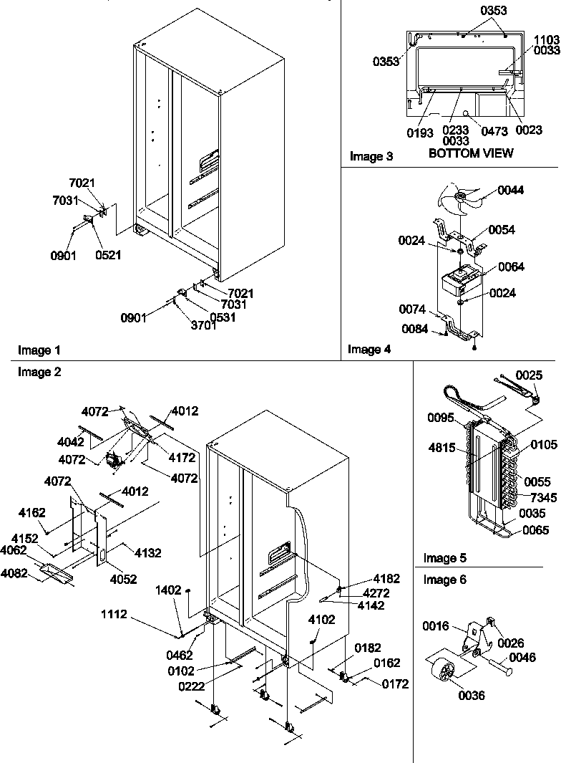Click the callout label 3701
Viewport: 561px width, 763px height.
coord(203,326)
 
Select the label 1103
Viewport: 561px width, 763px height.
coord(547,40)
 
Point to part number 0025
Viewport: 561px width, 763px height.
coord(530,375)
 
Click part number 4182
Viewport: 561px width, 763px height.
coord(386,579)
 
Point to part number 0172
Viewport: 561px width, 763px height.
coord(394,684)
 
